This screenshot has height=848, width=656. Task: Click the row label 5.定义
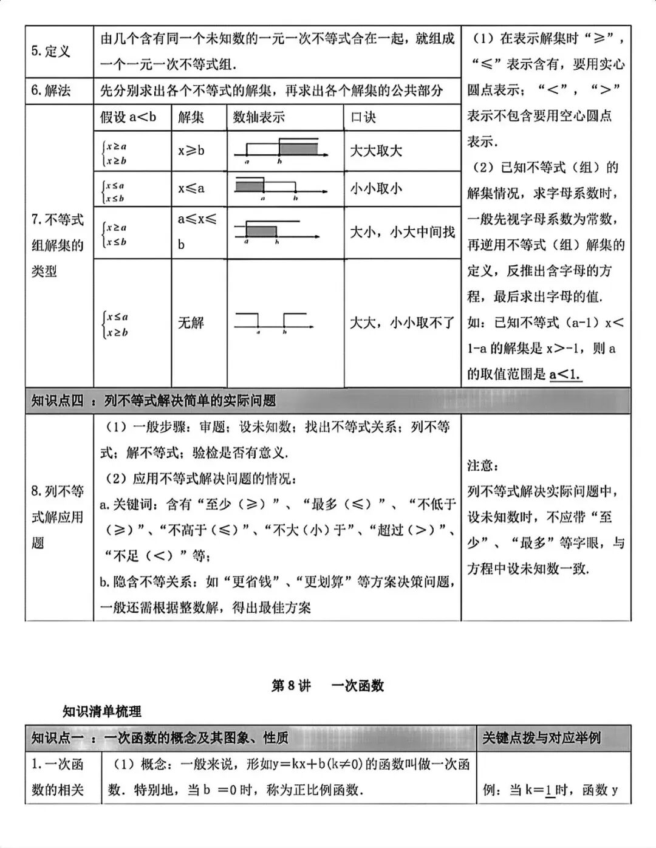point(51,52)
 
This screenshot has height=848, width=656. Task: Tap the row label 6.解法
point(51,91)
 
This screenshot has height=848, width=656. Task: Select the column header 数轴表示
point(259,117)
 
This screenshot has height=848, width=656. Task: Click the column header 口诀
point(363,117)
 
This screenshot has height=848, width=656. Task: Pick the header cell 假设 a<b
point(128,117)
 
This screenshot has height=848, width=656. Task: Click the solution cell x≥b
point(191,151)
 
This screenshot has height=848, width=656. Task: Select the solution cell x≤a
point(191,189)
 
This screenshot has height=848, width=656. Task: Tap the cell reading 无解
point(191,323)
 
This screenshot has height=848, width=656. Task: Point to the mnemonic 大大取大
point(376,151)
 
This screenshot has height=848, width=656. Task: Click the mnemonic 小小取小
point(376,189)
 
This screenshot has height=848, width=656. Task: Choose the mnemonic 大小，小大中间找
point(402,232)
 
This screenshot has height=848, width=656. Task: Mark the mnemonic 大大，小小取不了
point(402,323)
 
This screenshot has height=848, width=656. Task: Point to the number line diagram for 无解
point(275,323)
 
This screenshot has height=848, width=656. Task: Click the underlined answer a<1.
point(565,374)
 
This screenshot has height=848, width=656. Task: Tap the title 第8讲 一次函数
point(327,686)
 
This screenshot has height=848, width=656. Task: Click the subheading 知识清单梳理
point(102,711)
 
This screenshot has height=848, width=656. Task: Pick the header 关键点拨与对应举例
point(541,738)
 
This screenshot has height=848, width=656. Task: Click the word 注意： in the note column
point(483,465)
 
